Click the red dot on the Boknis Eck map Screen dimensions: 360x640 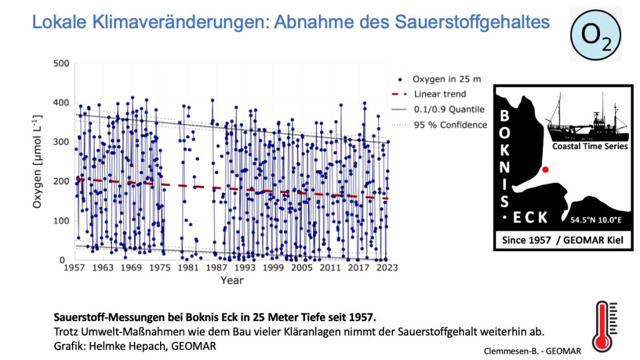(545, 169)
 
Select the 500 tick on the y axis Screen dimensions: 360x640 (61, 63)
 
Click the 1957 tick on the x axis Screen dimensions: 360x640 (74, 267)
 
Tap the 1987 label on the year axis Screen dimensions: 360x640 (217, 267)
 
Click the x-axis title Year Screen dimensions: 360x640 (231, 280)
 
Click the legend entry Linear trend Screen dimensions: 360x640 (439, 94)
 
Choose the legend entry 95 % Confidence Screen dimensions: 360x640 (449, 125)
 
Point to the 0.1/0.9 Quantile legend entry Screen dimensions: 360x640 (449, 109)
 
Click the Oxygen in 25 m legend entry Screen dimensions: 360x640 (447, 79)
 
